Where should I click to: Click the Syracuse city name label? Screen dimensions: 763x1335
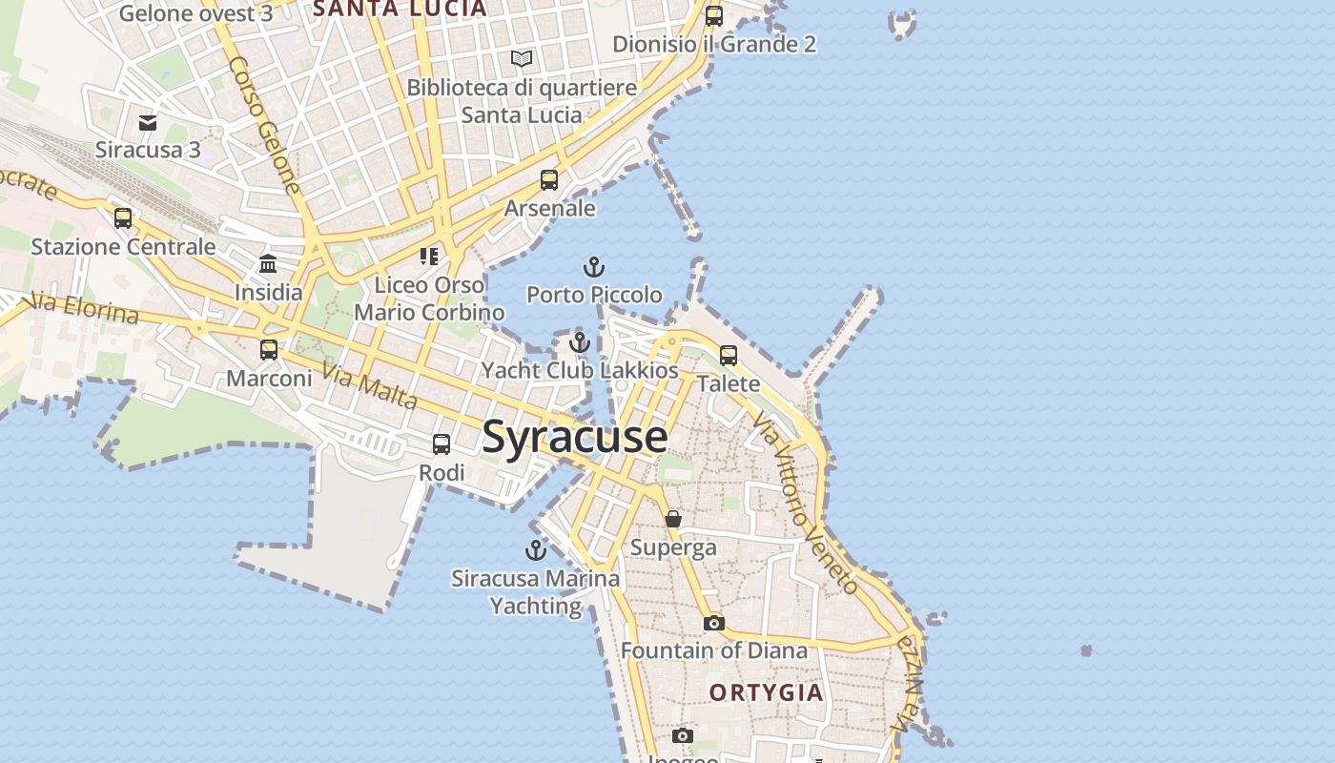(574, 437)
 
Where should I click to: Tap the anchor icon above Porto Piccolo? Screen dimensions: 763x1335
(594, 267)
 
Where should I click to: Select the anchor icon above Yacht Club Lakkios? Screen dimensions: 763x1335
(580, 342)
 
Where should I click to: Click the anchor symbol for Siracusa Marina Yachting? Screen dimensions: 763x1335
(536, 550)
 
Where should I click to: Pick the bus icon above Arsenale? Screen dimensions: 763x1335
(549, 180)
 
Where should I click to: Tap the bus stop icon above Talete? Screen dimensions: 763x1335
(729, 356)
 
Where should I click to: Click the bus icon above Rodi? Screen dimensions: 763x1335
(442, 444)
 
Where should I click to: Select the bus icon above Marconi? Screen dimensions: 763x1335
(269, 350)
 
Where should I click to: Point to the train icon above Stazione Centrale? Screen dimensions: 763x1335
(123, 218)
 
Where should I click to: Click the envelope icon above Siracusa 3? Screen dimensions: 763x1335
(148, 123)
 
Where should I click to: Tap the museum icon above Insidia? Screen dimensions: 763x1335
(268, 264)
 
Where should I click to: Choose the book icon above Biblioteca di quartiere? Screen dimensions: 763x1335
(522, 59)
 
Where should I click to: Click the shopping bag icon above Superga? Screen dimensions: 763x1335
(673, 519)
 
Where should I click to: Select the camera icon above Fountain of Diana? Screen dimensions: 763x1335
(713, 623)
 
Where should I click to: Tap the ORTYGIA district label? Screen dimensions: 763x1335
(766, 692)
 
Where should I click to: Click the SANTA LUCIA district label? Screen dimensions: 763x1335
(400, 10)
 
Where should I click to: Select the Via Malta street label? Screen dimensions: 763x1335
(370, 385)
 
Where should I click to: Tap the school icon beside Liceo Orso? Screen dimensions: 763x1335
(429, 256)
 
